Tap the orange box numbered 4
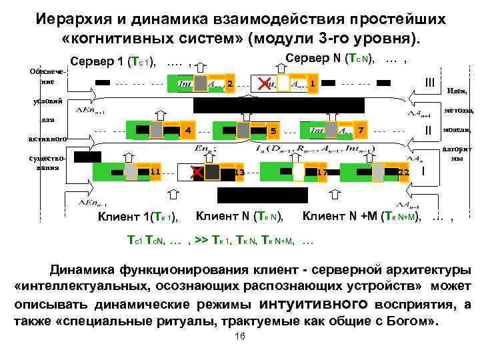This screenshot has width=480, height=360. (x=188, y=129)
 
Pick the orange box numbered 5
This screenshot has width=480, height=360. (x=272, y=129)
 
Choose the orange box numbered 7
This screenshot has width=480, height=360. (x=360, y=128)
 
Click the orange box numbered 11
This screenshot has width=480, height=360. (x=154, y=172)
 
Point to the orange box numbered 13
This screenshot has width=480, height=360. (x=239, y=173)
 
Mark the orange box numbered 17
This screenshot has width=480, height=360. (x=322, y=173)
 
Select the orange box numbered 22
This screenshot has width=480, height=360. (x=403, y=172)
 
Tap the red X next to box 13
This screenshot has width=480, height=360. (x=197, y=173)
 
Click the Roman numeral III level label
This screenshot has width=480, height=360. (x=428, y=82)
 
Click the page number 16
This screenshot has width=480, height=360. (x=241, y=338)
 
